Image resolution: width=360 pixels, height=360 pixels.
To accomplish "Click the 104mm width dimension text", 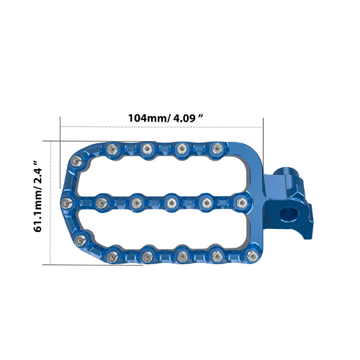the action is pyautogui.click(x=166, y=118).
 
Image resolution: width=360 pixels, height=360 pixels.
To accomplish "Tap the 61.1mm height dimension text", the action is pyautogui.click(x=37, y=196).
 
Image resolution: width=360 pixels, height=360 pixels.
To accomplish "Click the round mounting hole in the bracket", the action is pyautogui.click(x=289, y=215).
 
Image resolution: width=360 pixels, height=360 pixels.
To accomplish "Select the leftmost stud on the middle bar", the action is pyautogui.click(x=66, y=203).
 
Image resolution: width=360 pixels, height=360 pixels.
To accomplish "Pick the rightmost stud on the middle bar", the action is pyautogui.click(x=241, y=202).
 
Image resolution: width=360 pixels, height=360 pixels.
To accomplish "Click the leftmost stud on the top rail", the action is pyautogui.click(x=112, y=149).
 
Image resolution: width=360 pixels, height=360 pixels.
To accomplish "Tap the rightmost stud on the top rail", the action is pyautogui.click(x=217, y=148).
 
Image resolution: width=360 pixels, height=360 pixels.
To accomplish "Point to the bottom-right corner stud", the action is pyautogui.click(x=253, y=256).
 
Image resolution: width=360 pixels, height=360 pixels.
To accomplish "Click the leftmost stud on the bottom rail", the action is pyautogui.click(x=112, y=257).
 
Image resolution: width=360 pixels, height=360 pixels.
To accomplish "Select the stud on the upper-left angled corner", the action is pyautogui.click(x=76, y=161).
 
